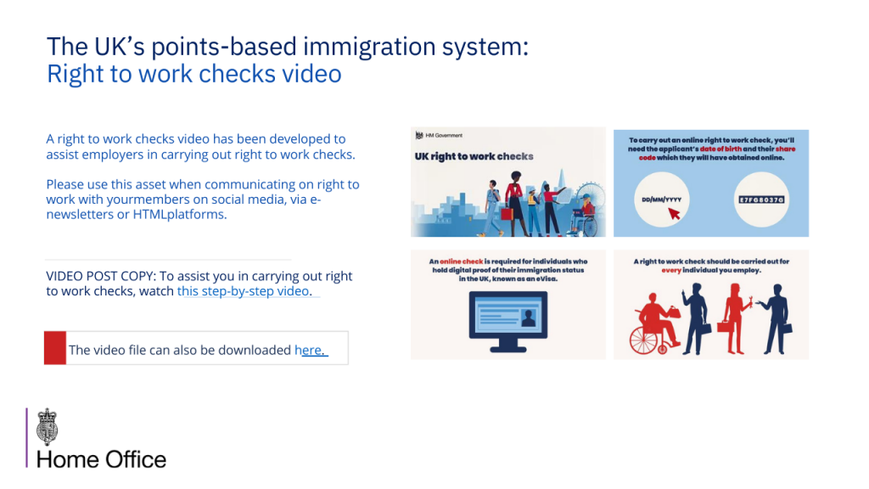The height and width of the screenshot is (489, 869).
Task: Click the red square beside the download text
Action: coord(55,347)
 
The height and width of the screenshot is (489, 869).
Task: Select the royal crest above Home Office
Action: coord(48,427)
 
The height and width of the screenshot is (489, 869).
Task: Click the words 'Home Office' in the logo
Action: coord(102,459)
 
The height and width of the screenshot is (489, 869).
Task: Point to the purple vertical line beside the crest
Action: coord(26,438)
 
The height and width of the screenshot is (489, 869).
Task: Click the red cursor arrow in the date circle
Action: coord(674,213)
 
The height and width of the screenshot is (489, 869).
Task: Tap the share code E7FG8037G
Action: coord(761,200)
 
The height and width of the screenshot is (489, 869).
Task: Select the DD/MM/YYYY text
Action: coord(661,200)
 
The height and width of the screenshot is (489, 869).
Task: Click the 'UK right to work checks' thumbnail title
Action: coord(474,156)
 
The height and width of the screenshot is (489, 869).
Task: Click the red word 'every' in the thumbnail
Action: coord(670,271)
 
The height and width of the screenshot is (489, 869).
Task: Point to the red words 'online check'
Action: coord(461,261)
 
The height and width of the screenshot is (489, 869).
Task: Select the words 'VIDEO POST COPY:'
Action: coord(102,276)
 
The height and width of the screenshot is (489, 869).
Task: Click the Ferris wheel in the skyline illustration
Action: coord(591,200)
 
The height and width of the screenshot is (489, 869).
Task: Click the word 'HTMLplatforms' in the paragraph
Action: coord(179,215)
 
